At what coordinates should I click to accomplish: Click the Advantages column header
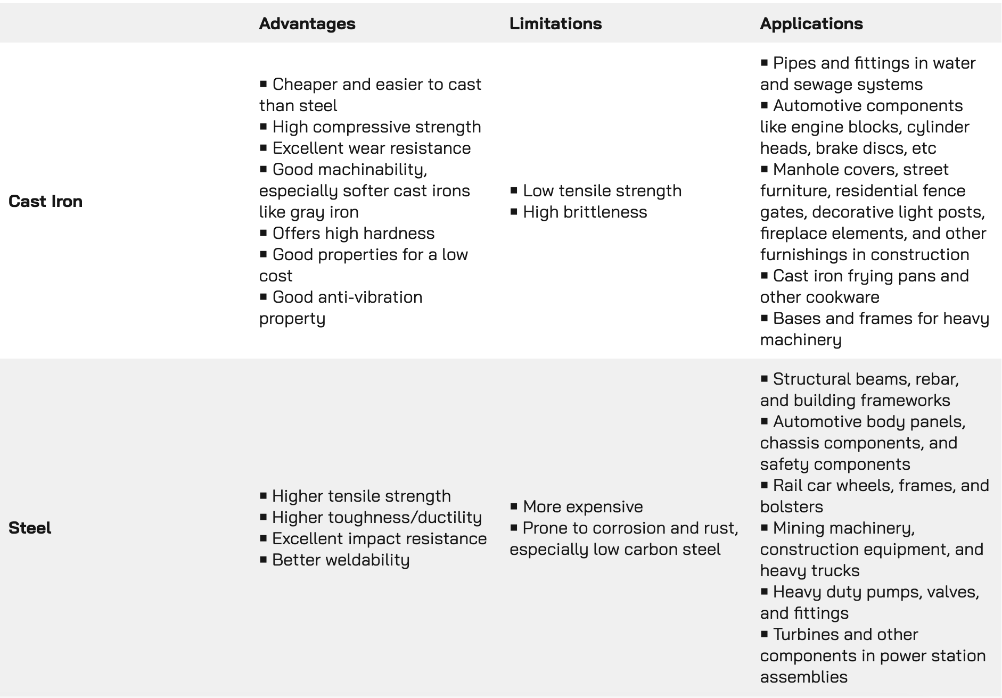pyautogui.click(x=307, y=23)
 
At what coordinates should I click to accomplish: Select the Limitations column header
pyautogui.click(x=555, y=23)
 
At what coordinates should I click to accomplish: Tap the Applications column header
pyautogui.click(x=811, y=23)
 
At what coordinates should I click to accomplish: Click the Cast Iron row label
pyautogui.click(x=46, y=201)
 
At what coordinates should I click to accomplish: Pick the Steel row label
pyautogui.click(x=30, y=528)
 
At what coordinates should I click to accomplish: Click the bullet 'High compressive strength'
pyautogui.click(x=376, y=127)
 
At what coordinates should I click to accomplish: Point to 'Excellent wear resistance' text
pyautogui.click(x=371, y=148)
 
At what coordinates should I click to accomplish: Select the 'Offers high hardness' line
pyautogui.click(x=353, y=233)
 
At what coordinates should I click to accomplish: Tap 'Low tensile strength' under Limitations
pyautogui.click(x=602, y=190)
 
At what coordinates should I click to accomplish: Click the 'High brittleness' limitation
pyautogui.click(x=585, y=212)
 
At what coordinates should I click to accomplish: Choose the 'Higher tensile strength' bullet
pyautogui.click(x=361, y=496)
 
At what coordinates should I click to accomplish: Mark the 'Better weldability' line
pyautogui.click(x=341, y=560)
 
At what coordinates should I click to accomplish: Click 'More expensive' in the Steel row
pyautogui.click(x=582, y=506)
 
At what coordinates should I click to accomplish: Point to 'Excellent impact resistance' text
pyautogui.click(x=379, y=538)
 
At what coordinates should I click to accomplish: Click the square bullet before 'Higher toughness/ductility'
pyautogui.click(x=263, y=517)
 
